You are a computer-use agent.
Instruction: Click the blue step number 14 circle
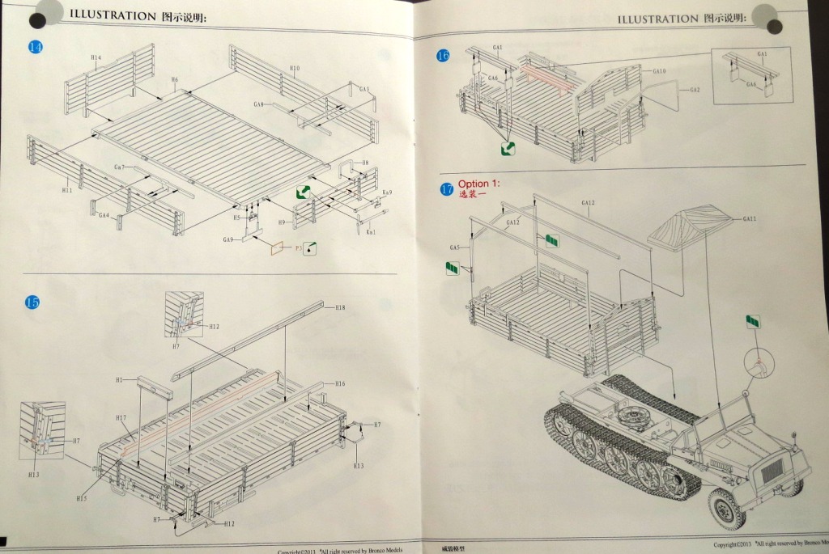pyautogui.click(x=35, y=47)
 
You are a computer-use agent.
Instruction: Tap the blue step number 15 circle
pyautogui.click(x=32, y=302)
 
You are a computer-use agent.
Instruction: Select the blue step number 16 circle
pyautogui.click(x=443, y=56)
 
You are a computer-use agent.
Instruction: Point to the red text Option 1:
pyautogui.click(x=479, y=184)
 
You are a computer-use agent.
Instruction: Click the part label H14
pyautogui.click(x=96, y=58)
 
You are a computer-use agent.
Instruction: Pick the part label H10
pyautogui.click(x=294, y=69)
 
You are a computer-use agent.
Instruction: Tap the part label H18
pyautogui.click(x=340, y=307)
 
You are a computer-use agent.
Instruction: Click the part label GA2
pyautogui.click(x=695, y=90)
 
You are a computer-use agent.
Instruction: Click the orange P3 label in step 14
pyautogui.click(x=298, y=247)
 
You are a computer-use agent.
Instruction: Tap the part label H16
pyautogui.click(x=340, y=383)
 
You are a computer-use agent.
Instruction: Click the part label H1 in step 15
pyautogui.click(x=120, y=380)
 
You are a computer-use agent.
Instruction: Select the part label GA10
pyautogui.click(x=659, y=71)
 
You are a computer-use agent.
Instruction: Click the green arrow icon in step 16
pyautogui.click(x=508, y=148)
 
